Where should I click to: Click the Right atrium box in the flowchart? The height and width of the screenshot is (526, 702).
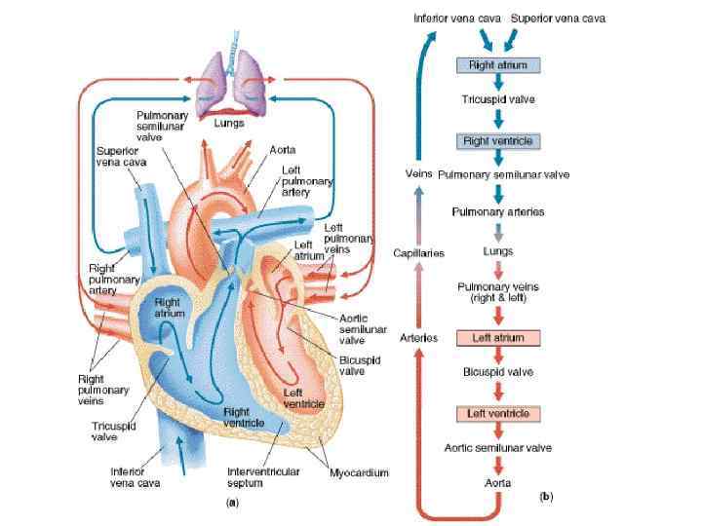coord(497,64)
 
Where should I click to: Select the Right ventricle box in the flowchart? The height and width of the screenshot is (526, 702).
coord(497,141)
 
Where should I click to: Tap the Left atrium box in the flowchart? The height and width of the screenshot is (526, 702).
coord(497,338)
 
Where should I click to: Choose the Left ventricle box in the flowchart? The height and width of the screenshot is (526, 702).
coord(497,414)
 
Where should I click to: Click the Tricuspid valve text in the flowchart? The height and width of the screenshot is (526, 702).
coord(497,99)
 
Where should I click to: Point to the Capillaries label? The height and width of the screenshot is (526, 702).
coord(419,253)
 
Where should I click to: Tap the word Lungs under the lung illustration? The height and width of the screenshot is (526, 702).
coord(230,124)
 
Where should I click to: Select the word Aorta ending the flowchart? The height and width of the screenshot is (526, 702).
coord(497,482)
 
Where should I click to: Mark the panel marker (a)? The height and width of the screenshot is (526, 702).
coord(232,503)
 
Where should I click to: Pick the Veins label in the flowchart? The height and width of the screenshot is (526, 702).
coord(418,173)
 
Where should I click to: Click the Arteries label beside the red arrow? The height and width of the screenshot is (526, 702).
coord(418,337)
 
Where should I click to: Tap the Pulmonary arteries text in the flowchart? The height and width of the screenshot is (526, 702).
coord(497,210)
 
